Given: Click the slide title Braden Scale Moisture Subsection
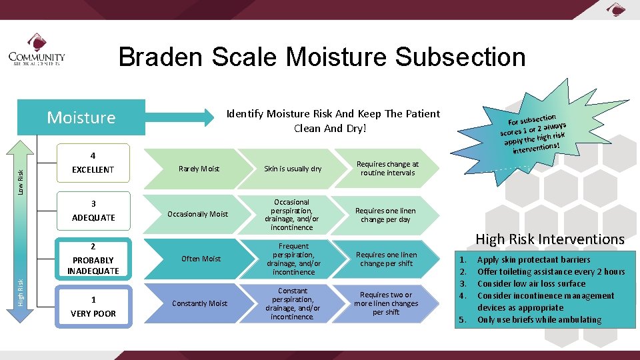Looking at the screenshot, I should [x=322, y=57].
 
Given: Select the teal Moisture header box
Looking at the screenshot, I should [x=81, y=117].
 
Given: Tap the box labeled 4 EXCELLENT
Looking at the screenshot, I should [x=93, y=163].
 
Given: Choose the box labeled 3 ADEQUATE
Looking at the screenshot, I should [x=93, y=211].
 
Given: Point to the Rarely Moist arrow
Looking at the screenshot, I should [x=199, y=169].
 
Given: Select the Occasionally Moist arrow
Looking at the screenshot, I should [x=197, y=214].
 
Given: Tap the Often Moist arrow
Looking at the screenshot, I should [x=200, y=259].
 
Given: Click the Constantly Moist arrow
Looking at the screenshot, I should [x=199, y=303].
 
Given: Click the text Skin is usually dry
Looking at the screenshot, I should [x=293, y=169].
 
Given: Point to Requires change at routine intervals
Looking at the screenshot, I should [x=387, y=168].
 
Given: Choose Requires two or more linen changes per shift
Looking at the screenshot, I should [x=386, y=303].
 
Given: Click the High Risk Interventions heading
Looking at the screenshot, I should [x=549, y=239].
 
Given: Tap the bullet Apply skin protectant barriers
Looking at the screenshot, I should [x=533, y=259].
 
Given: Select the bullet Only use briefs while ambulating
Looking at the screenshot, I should [x=539, y=319].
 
